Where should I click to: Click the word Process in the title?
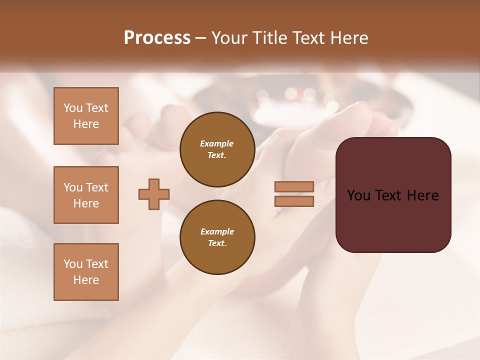pyautogui.click(x=157, y=38)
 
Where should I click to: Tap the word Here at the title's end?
pyautogui.click(x=348, y=38)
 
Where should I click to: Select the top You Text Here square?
pyautogui.click(x=86, y=116)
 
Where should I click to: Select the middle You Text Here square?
pyautogui.click(x=86, y=195)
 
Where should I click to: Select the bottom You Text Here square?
pyautogui.click(x=86, y=272)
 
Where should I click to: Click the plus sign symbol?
pyautogui.click(x=154, y=194)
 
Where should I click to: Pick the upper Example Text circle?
pyautogui.click(x=217, y=149)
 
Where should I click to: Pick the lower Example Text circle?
pyautogui.click(x=217, y=237)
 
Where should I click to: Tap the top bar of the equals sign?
pyautogui.click(x=294, y=186)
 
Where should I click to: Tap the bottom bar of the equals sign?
pyautogui.click(x=294, y=201)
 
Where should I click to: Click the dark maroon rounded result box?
pyautogui.click(x=393, y=220)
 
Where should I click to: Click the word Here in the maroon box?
pyautogui.click(x=422, y=195)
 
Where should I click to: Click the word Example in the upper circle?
pyautogui.click(x=217, y=143)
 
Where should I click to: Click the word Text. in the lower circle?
pyautogui.click(x=217, y=243)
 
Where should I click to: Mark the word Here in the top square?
pyautogui.click(x=86, y=124)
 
